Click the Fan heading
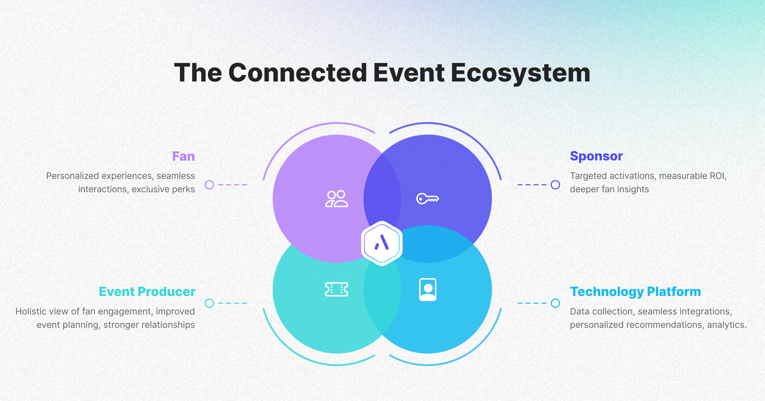coord(183,157)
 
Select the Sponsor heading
coord(596,156)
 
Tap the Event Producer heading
coord(147,292)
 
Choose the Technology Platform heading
coord(635,292)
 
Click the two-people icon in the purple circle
coord(336,199)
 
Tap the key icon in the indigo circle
coord(427,199)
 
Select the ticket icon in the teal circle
coord(336,289)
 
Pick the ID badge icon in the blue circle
coord(427,289)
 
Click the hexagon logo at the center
coord(382,243)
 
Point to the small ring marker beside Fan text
coord(209,185)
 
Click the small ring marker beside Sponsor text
coord(555,185)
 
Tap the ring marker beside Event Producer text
coord(209,303)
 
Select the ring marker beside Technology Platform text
coord(555,303)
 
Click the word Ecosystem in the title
coord(520,73)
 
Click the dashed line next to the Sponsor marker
coord(532,185)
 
